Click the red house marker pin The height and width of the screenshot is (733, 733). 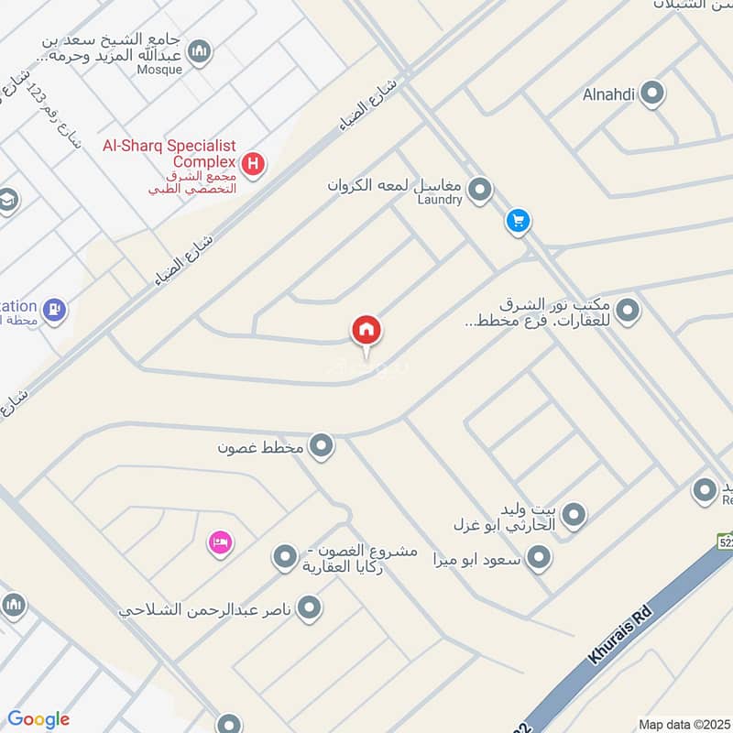[366, 331]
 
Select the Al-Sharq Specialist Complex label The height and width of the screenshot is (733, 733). [170, 153]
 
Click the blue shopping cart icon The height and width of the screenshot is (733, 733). [518, 221]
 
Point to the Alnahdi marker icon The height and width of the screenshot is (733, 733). [651, 93]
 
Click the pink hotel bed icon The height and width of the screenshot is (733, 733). [220, 543]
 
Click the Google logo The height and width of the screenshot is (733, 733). [38, 719]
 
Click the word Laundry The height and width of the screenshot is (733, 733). [441, 200]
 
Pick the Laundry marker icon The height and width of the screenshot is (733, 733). [479, 190]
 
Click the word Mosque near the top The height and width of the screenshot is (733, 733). [160, 69]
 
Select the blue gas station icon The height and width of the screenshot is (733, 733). [54, 310]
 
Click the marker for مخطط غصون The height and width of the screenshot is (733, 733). [321, 446]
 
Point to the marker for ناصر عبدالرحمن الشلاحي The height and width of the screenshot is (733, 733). [311, 607]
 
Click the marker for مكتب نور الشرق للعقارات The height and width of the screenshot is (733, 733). [628, 312]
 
